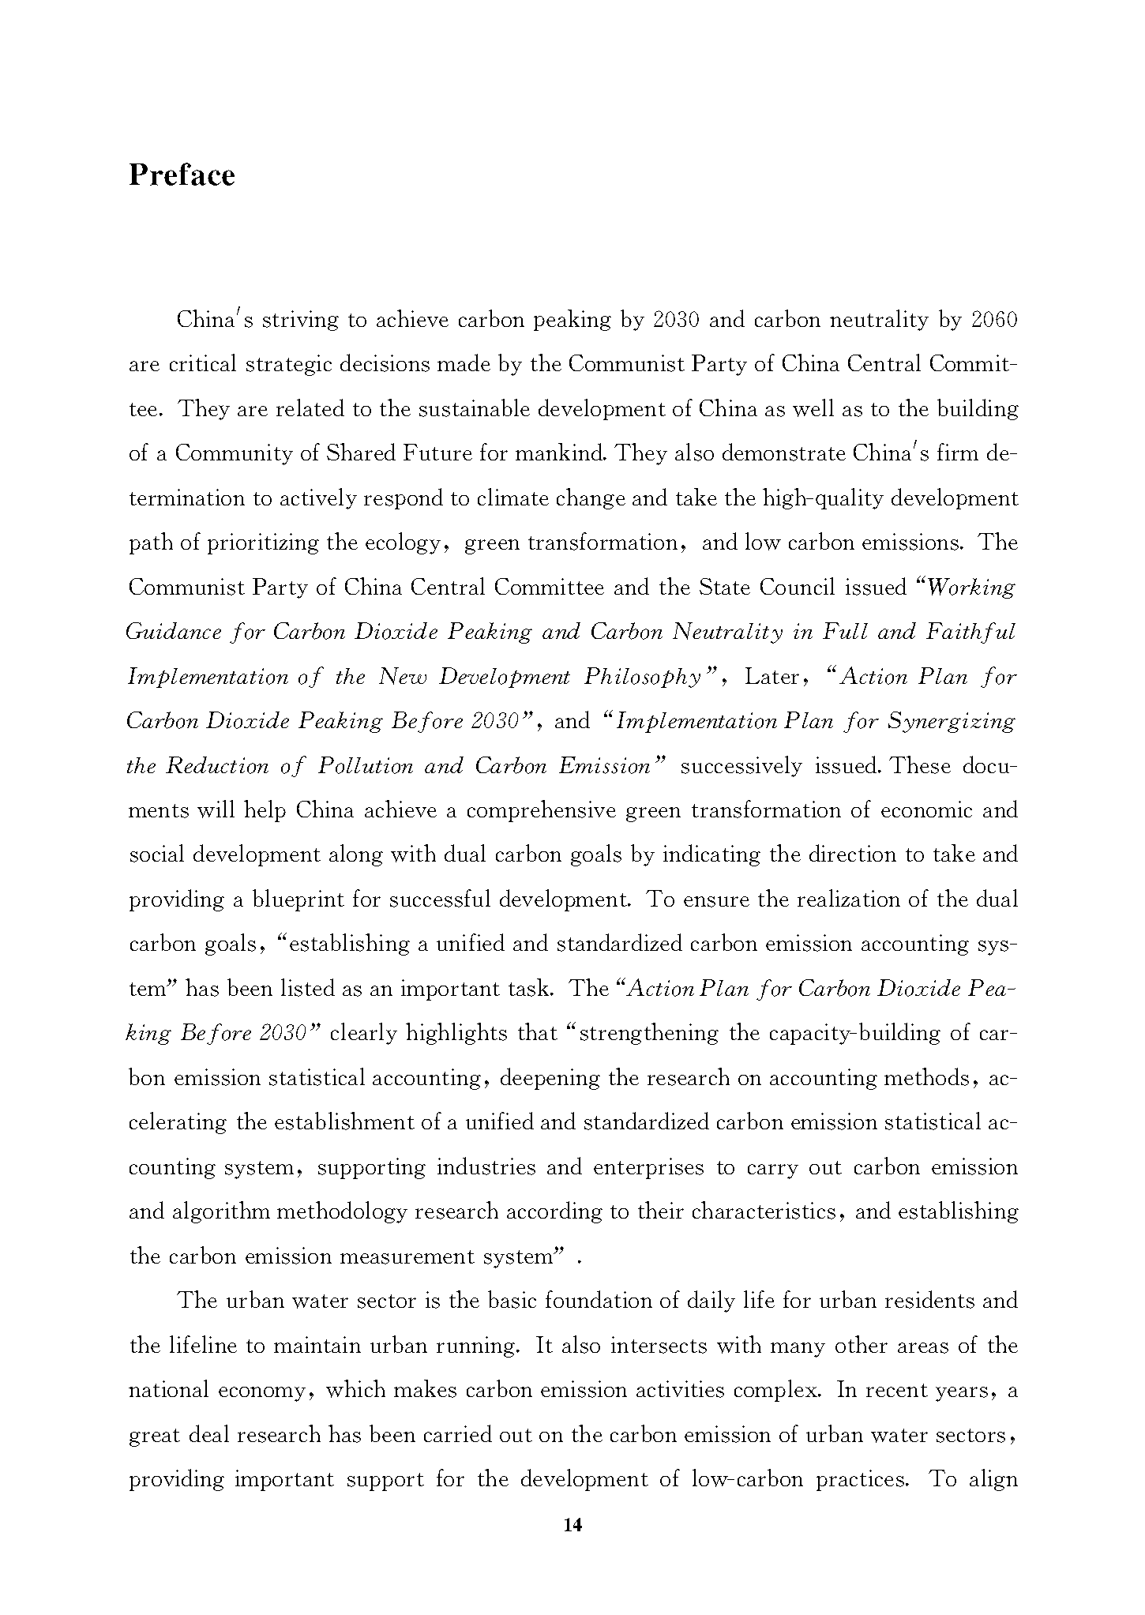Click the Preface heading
[x=182, y=175]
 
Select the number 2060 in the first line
[x=994, y=320]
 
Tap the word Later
[x=771, y=678]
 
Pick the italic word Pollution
[x=366, y=767]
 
